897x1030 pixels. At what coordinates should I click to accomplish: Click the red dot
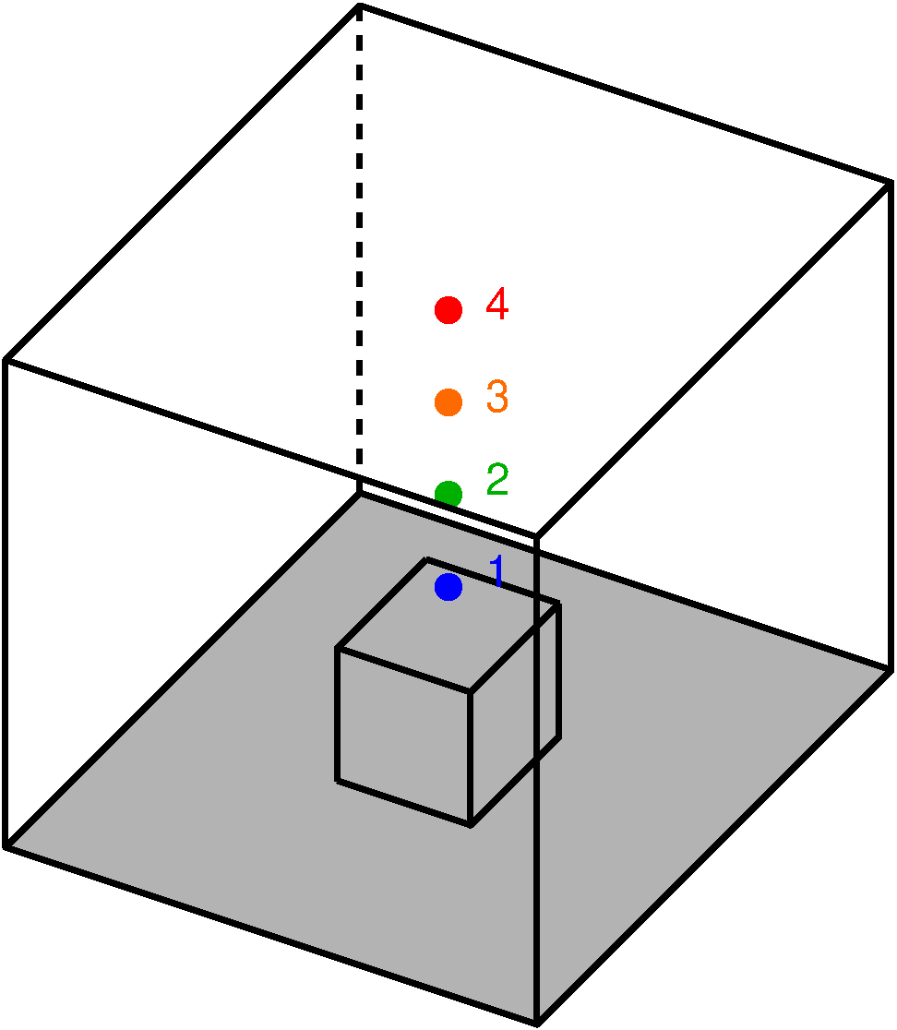tap(448, 310)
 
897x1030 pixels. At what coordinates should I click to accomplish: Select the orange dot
tap(448, 402)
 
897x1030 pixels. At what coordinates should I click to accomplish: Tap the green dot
tap(448, 492)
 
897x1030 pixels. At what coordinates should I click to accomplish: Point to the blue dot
tap(448, 586)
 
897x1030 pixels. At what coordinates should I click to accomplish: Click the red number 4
tap(497, 305)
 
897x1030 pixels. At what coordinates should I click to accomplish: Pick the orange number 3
tap(497, 397)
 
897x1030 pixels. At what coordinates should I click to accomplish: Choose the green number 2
tap(497, 480)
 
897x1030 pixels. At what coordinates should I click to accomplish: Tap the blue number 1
tap(497, 571)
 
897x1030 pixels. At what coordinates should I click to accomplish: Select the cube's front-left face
tap(403, 737)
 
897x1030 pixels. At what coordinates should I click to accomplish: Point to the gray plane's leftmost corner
tap(13, 844)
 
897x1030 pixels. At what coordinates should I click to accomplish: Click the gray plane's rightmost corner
tap(884, 671)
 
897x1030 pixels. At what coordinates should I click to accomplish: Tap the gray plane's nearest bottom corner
tap(535, 1018)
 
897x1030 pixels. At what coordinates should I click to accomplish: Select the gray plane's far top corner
tap(362, 497)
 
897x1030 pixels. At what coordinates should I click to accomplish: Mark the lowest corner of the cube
tap(470, 825)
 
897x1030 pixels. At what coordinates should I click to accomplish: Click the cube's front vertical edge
tap(470, 757)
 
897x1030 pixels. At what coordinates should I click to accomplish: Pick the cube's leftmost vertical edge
tap(337, 715)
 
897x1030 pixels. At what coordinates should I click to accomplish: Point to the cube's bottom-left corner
tap(337, 781)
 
